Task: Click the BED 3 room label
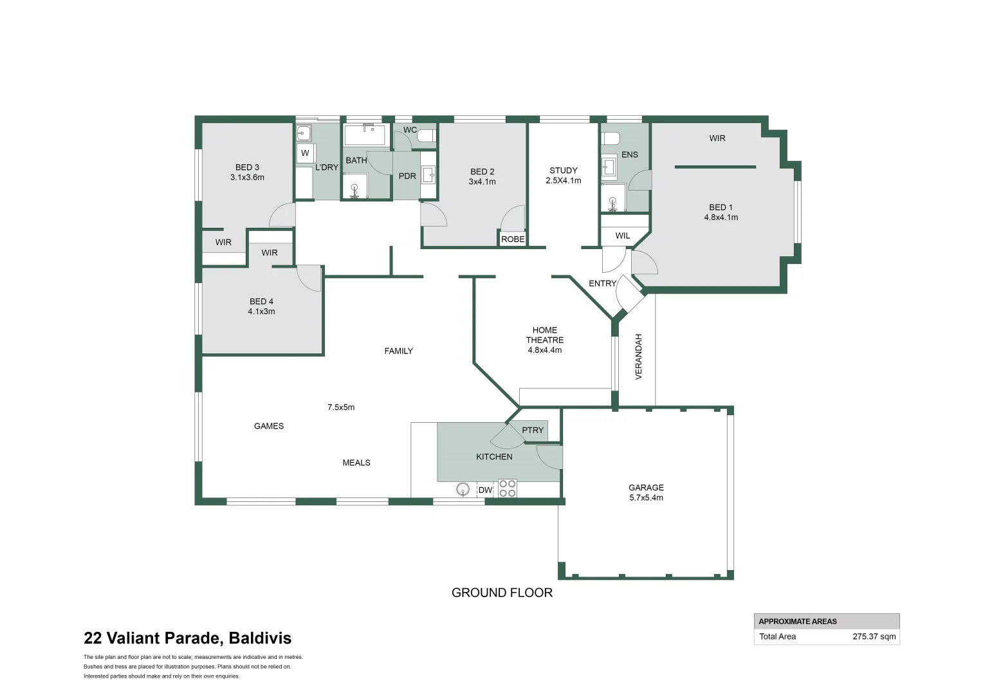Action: click(247, 167)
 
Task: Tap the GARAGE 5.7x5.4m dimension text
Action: click(646, 497)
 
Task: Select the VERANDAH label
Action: click(639, 356)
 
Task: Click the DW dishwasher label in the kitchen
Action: click(485, 490)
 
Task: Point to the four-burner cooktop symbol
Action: click(507, 488)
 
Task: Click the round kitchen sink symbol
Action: click(463, 490)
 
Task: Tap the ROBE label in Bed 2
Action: click(513, 239)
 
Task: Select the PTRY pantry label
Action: click(533, 430)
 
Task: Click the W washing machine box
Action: click(305, 153)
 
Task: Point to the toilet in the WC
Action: click(427, 136)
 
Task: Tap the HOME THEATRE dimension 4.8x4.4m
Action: click(545, 350)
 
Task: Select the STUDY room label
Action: click(564, 171)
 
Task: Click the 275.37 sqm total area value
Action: click(874, 636)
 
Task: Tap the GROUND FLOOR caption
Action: click(502, 593)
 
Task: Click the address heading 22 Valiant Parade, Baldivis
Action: click(187, 638)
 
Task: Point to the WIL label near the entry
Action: click(623, 236)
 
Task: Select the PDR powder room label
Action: click(407, 176)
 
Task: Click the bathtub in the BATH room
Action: click(365, 135)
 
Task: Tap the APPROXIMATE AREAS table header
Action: click(798, 621)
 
